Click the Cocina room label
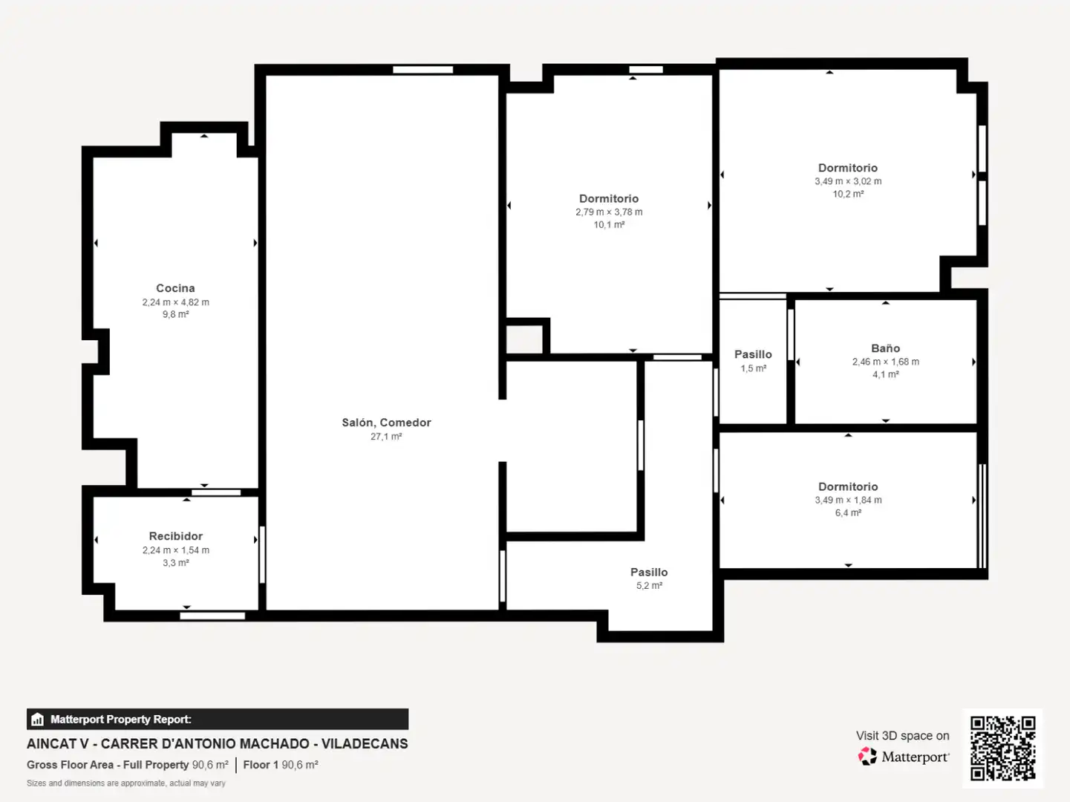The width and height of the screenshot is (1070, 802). point(175,288)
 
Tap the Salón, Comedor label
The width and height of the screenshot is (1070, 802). point(386,423)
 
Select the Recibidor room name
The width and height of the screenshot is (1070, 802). point(175,536)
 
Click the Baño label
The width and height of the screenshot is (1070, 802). point(885,348)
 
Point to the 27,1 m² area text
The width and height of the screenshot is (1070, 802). point(386,437)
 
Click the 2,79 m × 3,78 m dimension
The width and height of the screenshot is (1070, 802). point(609,212)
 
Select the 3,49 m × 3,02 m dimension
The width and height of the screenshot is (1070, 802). point(848,181)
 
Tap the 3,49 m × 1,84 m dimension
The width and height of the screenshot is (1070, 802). point(848,501)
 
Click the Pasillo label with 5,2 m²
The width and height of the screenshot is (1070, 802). point(649,573)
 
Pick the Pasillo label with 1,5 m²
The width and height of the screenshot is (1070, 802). point(753,354)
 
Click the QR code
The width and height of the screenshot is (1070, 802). point(1002,749)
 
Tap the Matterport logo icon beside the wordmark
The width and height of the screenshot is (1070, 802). point(867,756)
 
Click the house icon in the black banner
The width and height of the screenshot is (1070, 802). point(38,719)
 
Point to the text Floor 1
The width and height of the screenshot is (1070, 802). point(261,765)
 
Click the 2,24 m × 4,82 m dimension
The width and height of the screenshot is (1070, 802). point(175,302)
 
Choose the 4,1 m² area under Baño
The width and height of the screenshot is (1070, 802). point(885,374)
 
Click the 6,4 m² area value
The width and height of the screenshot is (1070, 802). point(848,513)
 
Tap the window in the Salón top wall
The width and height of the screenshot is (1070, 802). point(423,70)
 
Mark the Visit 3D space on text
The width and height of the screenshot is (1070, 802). point(902,736)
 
